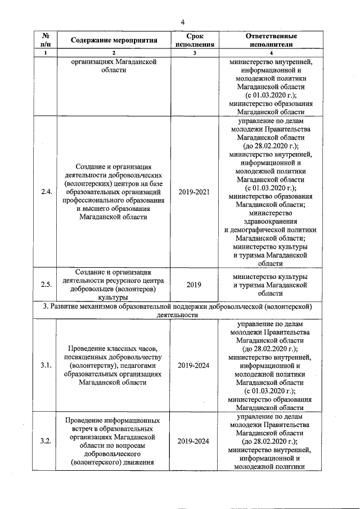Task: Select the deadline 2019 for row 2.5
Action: pyautogui.click(x=194, y=285)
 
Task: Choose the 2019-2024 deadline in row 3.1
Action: pyautogui.click(x=194, y=366)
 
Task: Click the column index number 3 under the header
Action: pyautogui.click(x=194, y=53)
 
